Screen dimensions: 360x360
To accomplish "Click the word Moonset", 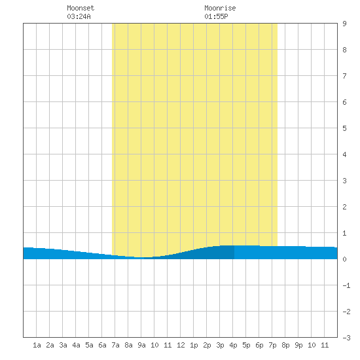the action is (x=81, y=8).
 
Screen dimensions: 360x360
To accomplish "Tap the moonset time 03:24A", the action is (x=79, y=16).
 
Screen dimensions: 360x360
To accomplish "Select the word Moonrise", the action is (x=220, y=8).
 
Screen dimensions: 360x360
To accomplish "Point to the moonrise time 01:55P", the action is (x=216, y=16).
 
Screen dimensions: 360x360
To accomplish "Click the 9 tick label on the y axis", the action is (x=344, y=24).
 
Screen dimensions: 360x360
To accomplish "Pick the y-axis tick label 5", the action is (x=344, y=128).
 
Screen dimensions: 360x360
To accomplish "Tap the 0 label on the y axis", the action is (x=344, y=259).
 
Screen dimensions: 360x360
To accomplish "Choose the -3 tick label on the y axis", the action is (x=346, y=338).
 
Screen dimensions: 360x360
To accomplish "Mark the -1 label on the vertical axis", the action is (x=346, y=285).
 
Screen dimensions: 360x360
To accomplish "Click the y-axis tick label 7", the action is (x=344, y=76).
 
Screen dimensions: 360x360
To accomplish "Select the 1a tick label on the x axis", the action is (x=37, y=345).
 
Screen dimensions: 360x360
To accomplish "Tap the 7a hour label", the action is (x=115, y=345).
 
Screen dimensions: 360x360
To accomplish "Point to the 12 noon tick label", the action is (x=181, y=345).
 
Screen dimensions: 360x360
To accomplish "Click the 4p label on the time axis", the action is (x=233, y=345).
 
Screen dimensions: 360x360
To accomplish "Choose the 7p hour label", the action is (x=272, y=345).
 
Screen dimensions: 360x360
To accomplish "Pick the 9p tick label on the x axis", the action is (x=298, y=345).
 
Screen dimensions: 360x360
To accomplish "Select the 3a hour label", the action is (x=63, y=345).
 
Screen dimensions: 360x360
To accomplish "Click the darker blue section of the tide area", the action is (x=207, y=254).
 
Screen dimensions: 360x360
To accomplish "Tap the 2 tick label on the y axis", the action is (x=344, y=207).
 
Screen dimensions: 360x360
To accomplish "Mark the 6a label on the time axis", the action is (x=102, y=345).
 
